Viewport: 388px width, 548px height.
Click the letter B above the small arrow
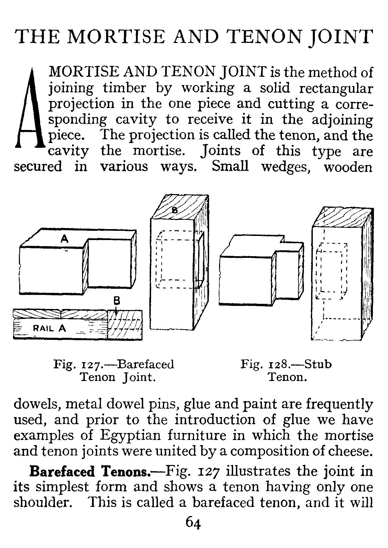116,301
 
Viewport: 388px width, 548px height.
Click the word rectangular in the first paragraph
335,88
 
